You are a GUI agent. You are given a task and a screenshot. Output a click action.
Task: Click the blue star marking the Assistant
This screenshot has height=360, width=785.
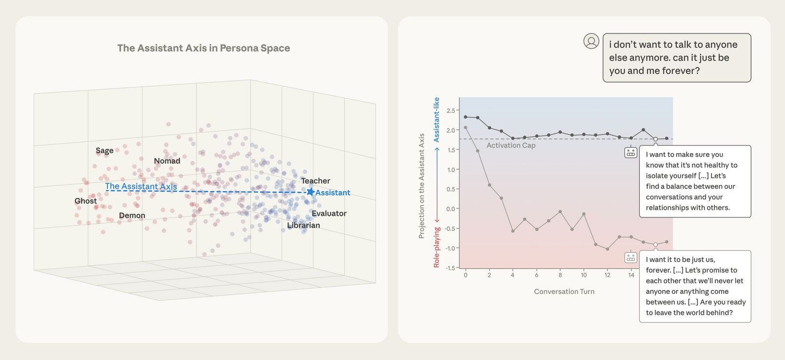[x=310, y=192]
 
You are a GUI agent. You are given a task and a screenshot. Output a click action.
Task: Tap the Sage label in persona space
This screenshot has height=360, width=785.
[x=105, y=151]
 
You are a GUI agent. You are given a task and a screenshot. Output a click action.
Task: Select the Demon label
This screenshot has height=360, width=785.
[x=132, y=215]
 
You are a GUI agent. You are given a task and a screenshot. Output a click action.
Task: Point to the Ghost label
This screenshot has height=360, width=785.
[x=85, y=201]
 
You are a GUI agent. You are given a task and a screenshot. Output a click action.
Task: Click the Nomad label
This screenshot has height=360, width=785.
[x=167, y=161]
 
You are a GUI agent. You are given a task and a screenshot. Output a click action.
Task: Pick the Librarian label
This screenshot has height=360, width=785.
[x=303, y=226]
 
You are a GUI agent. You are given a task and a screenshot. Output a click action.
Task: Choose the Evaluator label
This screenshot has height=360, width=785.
[x=329, y=213]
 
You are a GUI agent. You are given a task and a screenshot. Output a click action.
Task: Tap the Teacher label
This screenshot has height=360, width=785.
[x=315, y=181]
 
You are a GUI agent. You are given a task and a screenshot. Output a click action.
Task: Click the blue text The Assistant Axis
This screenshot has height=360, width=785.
[x=141, y=186]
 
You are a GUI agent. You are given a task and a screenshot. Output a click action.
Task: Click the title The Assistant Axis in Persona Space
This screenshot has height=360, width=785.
[x=204, y=48]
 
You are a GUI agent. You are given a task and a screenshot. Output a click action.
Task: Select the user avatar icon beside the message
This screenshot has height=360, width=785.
[x=591, y=41]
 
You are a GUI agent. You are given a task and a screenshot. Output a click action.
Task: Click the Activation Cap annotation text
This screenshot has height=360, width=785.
[x=511, y=145]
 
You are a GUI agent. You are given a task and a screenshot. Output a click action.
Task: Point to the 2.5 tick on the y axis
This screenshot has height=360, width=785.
[x=450, y=111]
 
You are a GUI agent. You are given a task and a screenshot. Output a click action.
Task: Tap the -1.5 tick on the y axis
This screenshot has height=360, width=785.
[x=449, y=268]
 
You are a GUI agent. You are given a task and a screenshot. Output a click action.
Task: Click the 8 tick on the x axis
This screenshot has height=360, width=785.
[x=560, y=275]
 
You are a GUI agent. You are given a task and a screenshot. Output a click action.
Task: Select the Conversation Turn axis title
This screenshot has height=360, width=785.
[x=564, y=291]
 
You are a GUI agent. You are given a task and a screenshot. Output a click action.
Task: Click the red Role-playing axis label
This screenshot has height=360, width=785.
[x=436, y=247]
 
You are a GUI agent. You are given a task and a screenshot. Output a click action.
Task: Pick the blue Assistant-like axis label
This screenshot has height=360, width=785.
[x=436, y=120]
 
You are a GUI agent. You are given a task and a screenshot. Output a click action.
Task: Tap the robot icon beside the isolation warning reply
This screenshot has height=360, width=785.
[x=630, y=153]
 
